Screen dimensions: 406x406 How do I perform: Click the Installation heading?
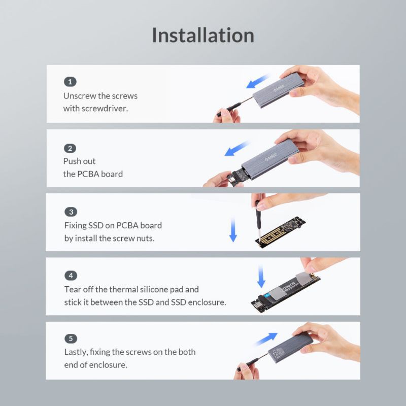coord(203,36)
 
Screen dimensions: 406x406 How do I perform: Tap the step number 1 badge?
coord(70,82)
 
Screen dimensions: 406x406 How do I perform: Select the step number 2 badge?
coord(70,148)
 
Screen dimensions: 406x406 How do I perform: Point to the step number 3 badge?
coord(71,212)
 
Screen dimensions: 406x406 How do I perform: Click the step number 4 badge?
coord(71,276)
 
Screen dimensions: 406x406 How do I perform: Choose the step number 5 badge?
coord(71,339)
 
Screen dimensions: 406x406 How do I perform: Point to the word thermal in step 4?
coord(124,289)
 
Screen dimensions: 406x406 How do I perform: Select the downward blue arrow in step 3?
coord(233,229)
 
